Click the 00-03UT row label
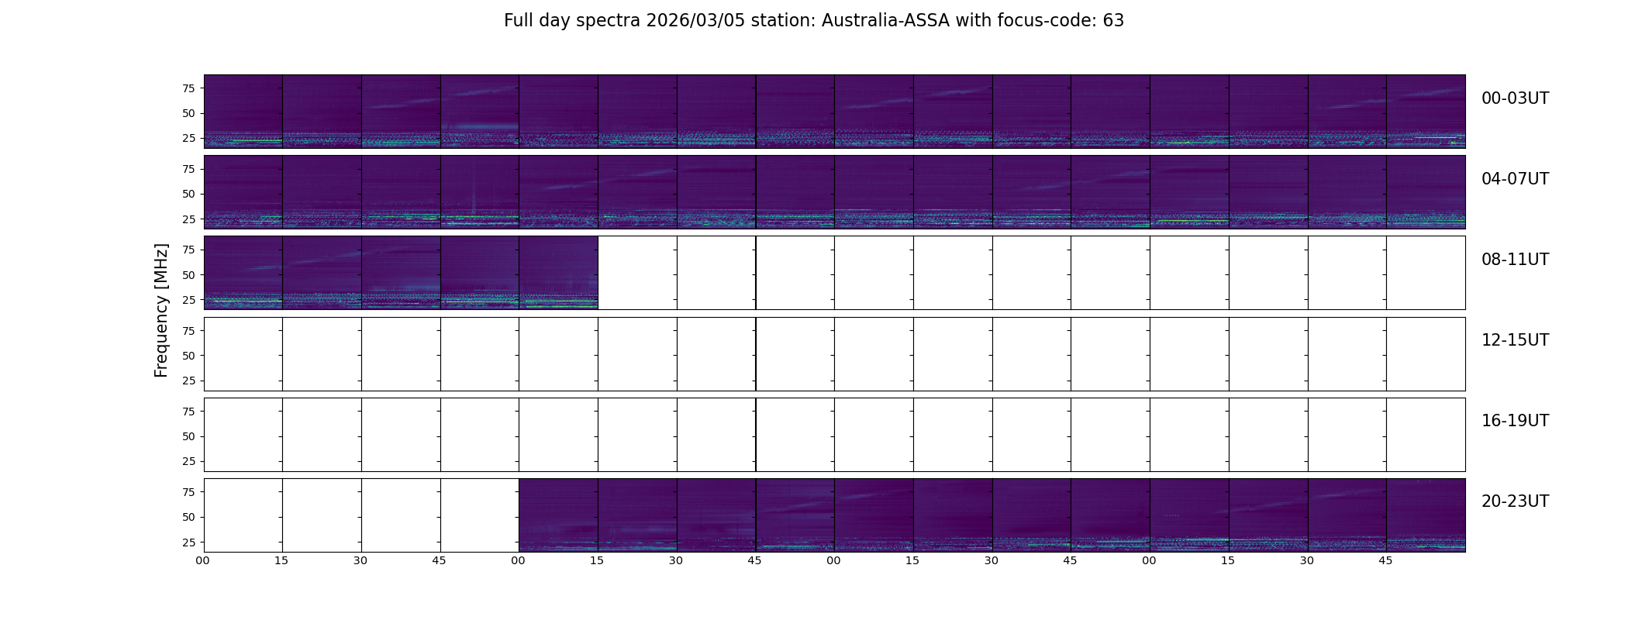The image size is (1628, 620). tap(1514, 98)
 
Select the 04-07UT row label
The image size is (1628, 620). tap(1514, 179)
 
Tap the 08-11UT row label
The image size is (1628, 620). tap(1514, 260)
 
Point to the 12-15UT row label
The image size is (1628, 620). tap(1514, 340)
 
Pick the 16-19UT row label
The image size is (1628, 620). tap(1514, 421)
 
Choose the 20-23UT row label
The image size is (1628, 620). tap(1514, 501)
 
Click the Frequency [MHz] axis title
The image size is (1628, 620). tap(161, 311)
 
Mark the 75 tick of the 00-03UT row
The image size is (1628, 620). tap(188, 88)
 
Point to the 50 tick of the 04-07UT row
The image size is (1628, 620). tap(188, 195)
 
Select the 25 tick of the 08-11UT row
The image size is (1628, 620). tap(188, 300)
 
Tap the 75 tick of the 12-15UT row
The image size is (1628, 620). tap(188, 331)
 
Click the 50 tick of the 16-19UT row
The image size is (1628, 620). tap(188, 436)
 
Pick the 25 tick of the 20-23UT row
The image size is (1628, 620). tap(188, 542)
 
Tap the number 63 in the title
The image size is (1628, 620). tap(1113, 21)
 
